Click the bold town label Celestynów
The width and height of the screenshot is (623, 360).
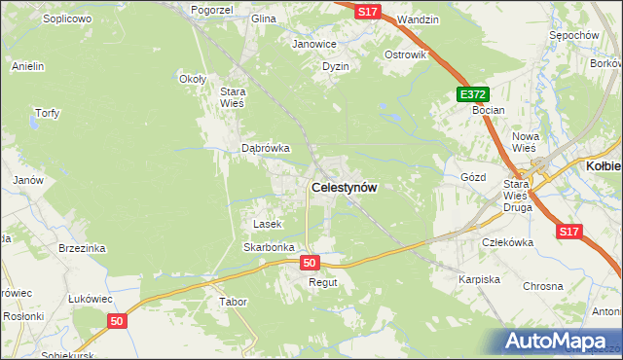click(344, 187)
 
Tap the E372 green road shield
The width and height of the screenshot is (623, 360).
click(473, 94)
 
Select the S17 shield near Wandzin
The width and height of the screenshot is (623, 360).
click(367, 11)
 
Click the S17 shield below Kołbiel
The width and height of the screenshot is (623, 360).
click(570, 232)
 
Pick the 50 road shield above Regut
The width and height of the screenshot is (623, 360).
click(310, 263)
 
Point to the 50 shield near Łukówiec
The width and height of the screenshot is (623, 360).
click(117, 320)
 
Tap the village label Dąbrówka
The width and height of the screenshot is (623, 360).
click(266, 149)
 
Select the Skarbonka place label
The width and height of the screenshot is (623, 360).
click(269, 247)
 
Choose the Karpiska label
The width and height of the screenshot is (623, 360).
click(479, 279)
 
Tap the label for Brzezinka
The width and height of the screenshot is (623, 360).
click(82, 248)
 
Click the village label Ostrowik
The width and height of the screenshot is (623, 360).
click(406, 54)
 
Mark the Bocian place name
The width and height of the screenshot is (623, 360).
click(488, 111)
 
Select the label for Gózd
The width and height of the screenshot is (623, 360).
click(472, 177)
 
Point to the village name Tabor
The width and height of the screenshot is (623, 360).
click(233, 303)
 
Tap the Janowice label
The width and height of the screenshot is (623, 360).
click(314, 44)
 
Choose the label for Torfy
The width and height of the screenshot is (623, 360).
click(48, 113)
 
